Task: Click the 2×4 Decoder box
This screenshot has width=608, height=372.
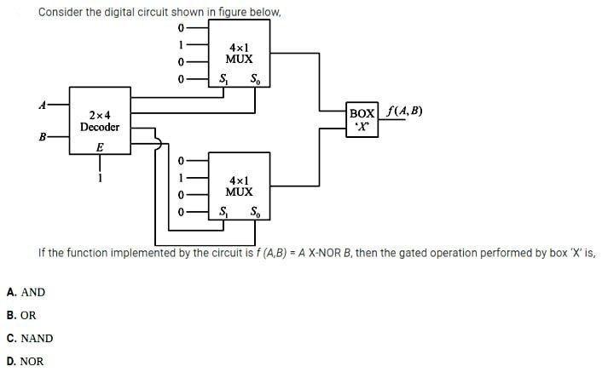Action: pyautogui.click(x=100, y=121)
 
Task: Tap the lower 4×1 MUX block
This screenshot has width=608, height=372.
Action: pyautogui.click(x=239, y=186)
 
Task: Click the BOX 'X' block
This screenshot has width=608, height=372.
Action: pyautogui.click(x=362, y=119)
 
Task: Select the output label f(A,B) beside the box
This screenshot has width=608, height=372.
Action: pyautogui.click(x=404, y=112)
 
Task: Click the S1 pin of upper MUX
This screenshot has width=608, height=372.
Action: pyautogui.click(x=223, y=79)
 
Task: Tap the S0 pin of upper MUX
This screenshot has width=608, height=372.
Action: pyautogui.click(x=256, y=79)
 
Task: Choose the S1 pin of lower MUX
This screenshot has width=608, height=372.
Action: pyautogui.click(x=223, y=211)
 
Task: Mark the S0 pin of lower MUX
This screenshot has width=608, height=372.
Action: pyautogui.click(x=256, y=211)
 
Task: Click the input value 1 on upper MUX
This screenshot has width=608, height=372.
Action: pyautogui.click(x=180, y=45)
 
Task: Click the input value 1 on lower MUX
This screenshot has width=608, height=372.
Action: pyautogui.click(x=180, y=177)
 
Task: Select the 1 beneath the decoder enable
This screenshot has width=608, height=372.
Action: pyautogui.click(x=101, y=178)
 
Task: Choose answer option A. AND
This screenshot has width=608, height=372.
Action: pyautogui.click(x=26, y=292)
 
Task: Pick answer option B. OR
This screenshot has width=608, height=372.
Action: pyautogui.click(x=21, y=315)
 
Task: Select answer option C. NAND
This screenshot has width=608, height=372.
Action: pyautogui.click(x=30, y=338)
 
